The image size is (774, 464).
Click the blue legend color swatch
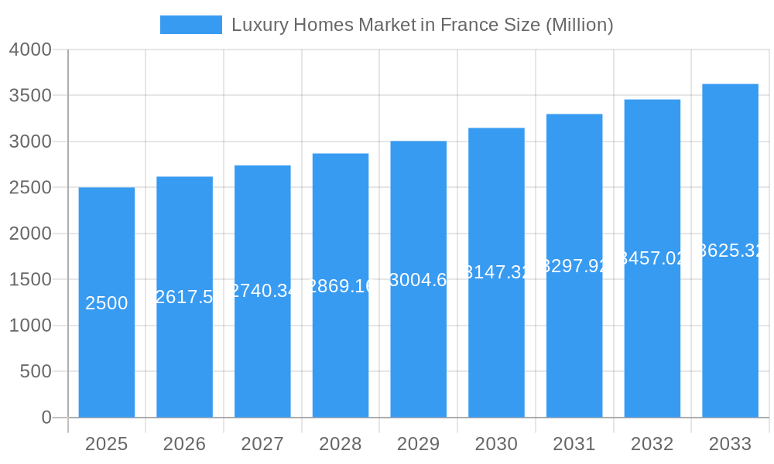click(x=190, y=25)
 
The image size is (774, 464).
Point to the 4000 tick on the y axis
click(x=30, y=49)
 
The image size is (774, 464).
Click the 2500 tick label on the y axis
click(x=30, y=188)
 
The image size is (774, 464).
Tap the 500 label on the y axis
click(x=36, y=372)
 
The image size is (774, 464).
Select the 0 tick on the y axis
click(x=46, y=418)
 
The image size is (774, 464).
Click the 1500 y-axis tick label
click(x=30, y=280)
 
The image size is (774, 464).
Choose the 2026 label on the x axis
click(x=184, y=444)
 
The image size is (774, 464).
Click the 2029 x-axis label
click(x=418, y=444)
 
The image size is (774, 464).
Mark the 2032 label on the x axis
click(x=652, y=444)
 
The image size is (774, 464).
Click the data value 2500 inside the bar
click(x=107, y=303)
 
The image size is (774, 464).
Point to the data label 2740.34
click(x=262, y=291)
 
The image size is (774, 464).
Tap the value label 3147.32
click(x=496, y=272)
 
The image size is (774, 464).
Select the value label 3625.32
click(x=730, y=251)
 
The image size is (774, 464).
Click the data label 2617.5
click(x=184, y=297)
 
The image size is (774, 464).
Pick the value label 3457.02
click(x=652, y=258)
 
